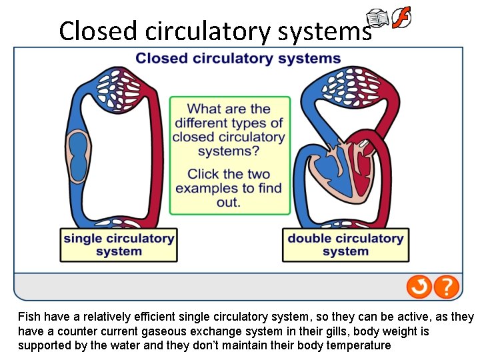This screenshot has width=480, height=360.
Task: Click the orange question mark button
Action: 447,287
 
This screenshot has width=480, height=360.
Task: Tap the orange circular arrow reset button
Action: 419,287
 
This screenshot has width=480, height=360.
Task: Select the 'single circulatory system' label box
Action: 119,245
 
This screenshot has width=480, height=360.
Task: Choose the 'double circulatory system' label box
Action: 345,245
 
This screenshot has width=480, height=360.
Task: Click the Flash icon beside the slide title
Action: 401,17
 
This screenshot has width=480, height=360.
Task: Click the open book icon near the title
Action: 379,19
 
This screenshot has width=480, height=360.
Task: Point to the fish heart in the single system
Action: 79,156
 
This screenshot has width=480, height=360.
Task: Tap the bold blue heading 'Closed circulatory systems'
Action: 238,59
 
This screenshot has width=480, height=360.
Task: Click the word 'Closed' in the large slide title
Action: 98,31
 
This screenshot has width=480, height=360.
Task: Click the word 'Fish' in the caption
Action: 29,317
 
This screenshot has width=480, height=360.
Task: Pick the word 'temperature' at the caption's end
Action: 359,345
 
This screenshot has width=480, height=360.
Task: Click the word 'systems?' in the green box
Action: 229,151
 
